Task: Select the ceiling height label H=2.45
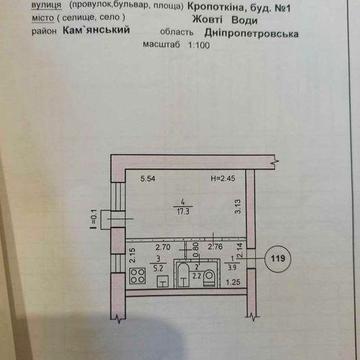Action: (221, 180)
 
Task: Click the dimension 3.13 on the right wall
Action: (238, 210)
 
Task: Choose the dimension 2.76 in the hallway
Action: (214, 245)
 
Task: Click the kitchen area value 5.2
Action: (157, 269)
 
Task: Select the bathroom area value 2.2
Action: (197, 274)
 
